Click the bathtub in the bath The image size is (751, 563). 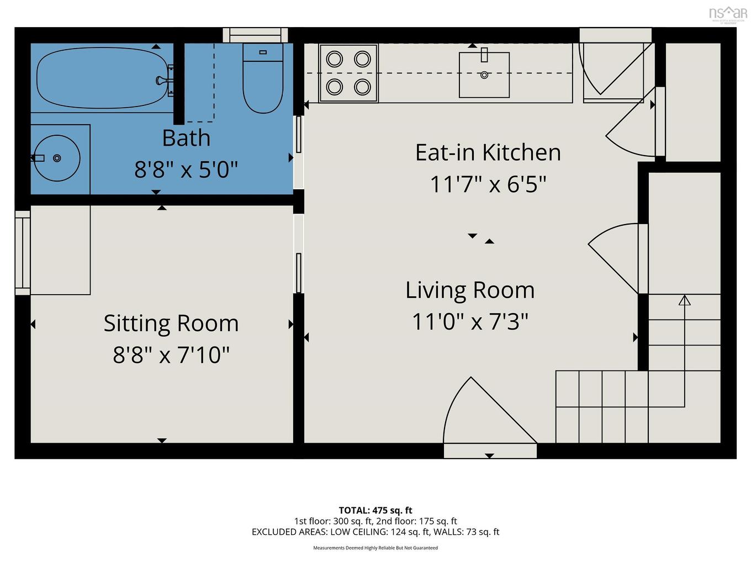click(x=102, y=78)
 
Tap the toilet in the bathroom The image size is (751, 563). click(x=263, y=78)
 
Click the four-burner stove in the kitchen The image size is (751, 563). click(x=348, y=73)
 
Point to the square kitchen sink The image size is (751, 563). click(x=484, y=75)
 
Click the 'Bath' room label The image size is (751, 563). click(x=186, y=138)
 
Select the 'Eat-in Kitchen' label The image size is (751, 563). click(x=488, y=152)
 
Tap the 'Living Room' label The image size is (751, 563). click(x=470, y=290)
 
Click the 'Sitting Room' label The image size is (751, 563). click(x=171, y=323)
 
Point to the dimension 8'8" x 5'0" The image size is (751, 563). click(x=186, y=169)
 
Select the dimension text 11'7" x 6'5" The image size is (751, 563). click(x=488, y=184)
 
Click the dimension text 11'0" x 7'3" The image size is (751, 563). click(x=470, y=321)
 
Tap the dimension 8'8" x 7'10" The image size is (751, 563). click(x=171, y=354)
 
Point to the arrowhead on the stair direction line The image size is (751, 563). click(x=685, y=300)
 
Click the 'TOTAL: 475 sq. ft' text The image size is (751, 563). click(x=375, y=511)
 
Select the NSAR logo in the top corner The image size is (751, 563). click(x=728, y=14)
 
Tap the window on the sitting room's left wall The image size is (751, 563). click(x=23, y=253)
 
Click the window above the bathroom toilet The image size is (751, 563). click(x=256, y=35)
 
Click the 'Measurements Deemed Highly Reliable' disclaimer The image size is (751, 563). click(x=375, y=548)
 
